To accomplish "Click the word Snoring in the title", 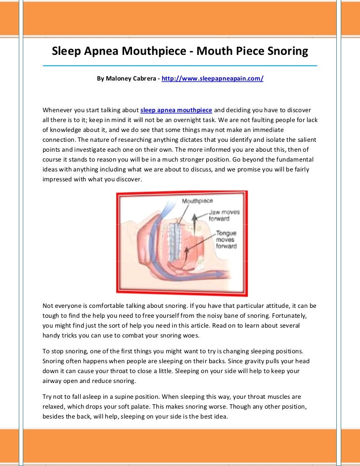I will pos(287,51).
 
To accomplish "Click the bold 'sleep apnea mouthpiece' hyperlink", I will pos(177,109).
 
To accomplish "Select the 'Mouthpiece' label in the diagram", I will pos(197,201).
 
